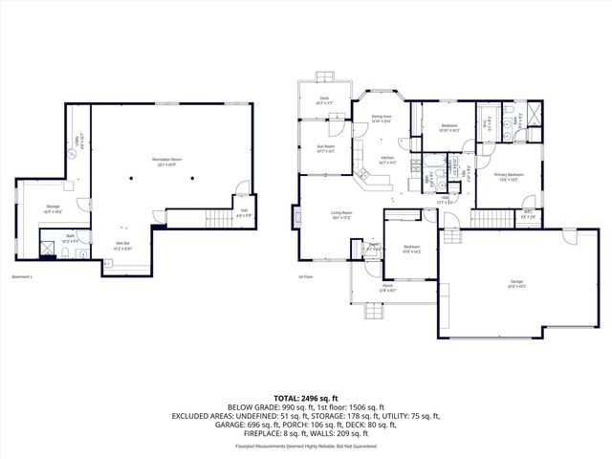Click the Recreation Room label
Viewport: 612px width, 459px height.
click(167, 159)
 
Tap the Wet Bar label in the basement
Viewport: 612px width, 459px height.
click(123, 246)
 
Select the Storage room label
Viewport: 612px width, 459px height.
click(54, 208)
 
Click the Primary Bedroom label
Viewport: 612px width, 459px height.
click(508, 176)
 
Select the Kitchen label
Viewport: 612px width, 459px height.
click(388, 159)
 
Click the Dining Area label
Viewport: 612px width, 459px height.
click(382, 119)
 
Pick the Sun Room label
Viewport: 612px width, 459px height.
click(326, 147)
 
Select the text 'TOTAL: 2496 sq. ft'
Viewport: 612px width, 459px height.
click(306, 397)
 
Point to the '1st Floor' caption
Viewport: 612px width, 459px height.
click(306, 277)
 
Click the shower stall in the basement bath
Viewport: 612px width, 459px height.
click(46, 247)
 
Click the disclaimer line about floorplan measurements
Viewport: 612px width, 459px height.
click(306, 447)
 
